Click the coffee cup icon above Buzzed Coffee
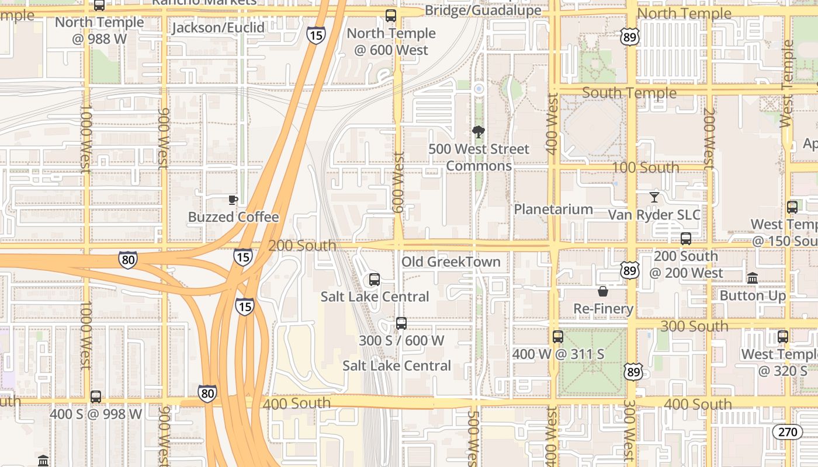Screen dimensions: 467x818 pyautogui.click(x=233, y=200)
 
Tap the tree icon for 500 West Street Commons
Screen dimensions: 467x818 pyautogui.click(x=479, y=132)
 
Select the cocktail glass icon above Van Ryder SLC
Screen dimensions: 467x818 pyautogui.click(x=654, y=197)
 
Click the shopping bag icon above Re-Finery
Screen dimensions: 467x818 pyautogui.click(x=603, y=291)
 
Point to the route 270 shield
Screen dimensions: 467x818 pyautogui.click(x=788, y=432)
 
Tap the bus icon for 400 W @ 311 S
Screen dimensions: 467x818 pyautogui.click(x=558, y=337)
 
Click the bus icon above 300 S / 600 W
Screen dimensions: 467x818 pyautogui.click(x=401, y=323)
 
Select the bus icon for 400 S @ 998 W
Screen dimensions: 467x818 pyautogui.click(x=96, y=397)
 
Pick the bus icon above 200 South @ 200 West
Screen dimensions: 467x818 pyautogui.click(x=686, y=239)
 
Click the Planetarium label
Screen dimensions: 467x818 pyautogui.click(x=553, y=210)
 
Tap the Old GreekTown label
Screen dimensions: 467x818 pyautogui.click(x=451, y=262)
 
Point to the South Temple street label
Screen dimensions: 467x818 pyautogui.click(x=629, y=93)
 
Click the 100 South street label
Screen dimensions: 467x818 pyautogui.click(x=646, y=168)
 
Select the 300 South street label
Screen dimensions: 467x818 pyautogui.click(x=694, y=326)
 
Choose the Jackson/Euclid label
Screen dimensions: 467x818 pyautogui.click(x=219, y=27)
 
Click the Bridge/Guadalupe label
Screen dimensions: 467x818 pyautogui.click(x=483, y=11)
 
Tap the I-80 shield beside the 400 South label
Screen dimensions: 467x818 pyautogui.click(x=207, y=393)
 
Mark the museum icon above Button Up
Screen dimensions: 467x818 pyautogui.click(x=753, y=278)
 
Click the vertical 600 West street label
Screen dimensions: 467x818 pyautogui.click(x=399, y=182)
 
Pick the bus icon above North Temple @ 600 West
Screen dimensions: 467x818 pyautogui.click(x=391, y=16)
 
